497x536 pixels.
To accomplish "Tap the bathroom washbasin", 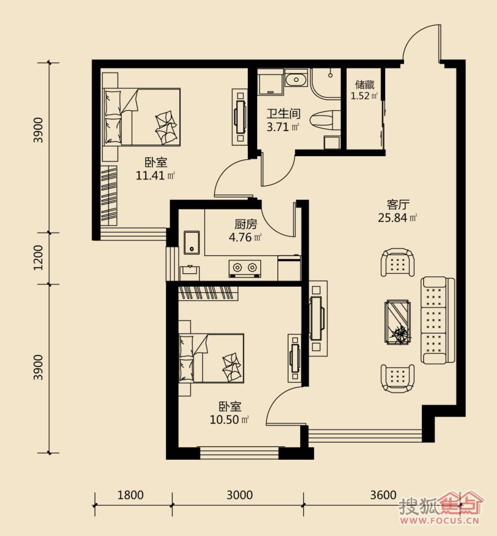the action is (296, 81).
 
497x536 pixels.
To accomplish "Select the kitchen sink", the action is (192, 242).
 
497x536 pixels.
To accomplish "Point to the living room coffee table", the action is (397, 322).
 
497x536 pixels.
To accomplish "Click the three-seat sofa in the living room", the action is (438, 320).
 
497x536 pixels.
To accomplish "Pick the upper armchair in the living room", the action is (397, 263).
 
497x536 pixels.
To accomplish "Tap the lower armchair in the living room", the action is (397, 378).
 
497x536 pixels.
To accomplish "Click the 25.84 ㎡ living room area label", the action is (397, 218).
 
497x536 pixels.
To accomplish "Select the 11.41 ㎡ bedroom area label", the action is (156, 176).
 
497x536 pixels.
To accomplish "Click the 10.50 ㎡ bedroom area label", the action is (229, 420).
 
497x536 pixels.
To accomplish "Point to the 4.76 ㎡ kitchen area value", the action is (245, 237).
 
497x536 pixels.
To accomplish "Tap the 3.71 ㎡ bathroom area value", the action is (283, 127).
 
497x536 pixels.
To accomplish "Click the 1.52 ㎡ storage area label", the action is (364, 96).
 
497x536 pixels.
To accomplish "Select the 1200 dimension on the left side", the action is (39, 258).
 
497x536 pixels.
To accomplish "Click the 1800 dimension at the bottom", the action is (130, 495).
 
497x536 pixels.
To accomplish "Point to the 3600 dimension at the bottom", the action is (383, 495).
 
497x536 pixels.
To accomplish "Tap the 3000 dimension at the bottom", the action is (240, 495).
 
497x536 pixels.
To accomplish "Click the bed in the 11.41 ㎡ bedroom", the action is (141, 117).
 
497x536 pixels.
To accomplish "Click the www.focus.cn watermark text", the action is (440, 521).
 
